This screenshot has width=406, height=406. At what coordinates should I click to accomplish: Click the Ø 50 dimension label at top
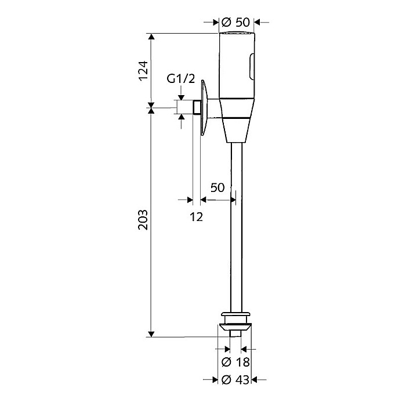236,22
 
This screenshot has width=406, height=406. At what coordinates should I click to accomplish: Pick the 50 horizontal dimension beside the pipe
217,187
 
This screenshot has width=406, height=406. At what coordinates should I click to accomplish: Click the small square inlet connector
197,108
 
